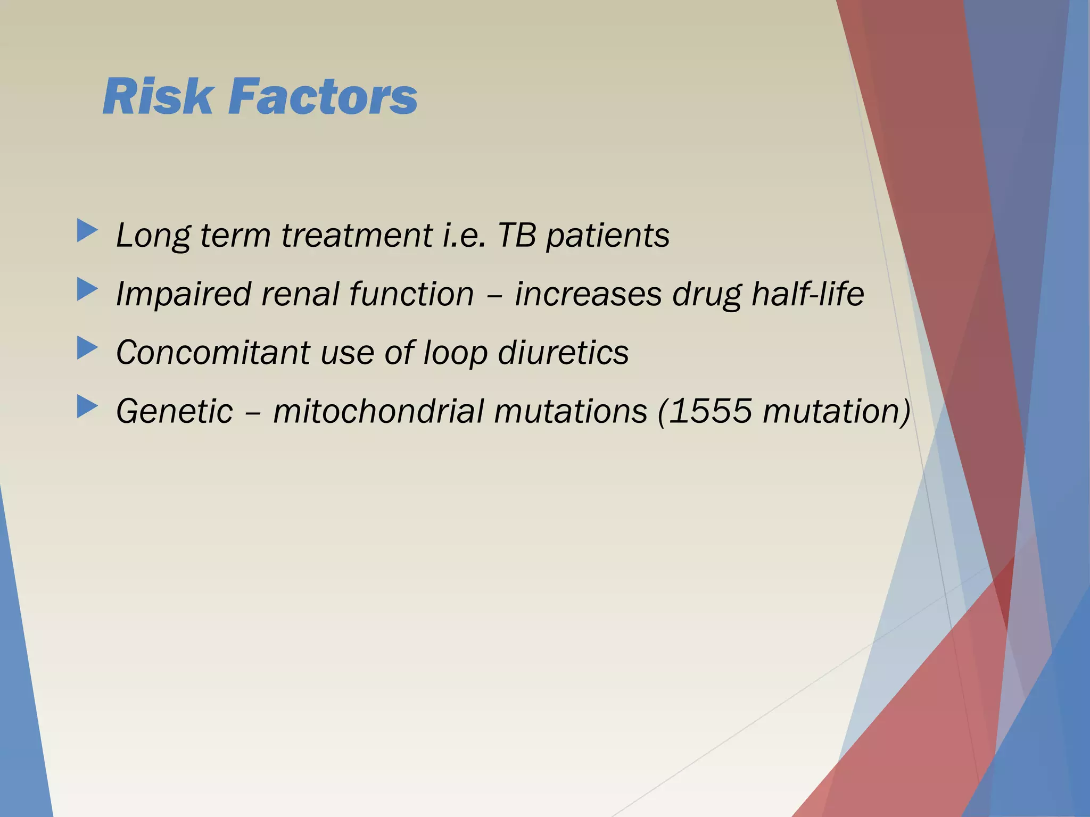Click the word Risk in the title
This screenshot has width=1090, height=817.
tap(158, 97)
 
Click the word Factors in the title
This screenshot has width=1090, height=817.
tap(323, 97)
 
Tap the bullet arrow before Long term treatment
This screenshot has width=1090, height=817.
tap(87, 231)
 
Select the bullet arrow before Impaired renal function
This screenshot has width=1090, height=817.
tap(87, 290)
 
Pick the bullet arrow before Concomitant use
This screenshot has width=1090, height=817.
tap(87, 349)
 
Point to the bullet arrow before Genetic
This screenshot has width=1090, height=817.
tap(87, 407)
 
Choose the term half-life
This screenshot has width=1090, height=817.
tap(807, 294)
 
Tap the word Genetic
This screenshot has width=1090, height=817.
tap(175, 412)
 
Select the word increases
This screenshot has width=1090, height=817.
tap(588, 294)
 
